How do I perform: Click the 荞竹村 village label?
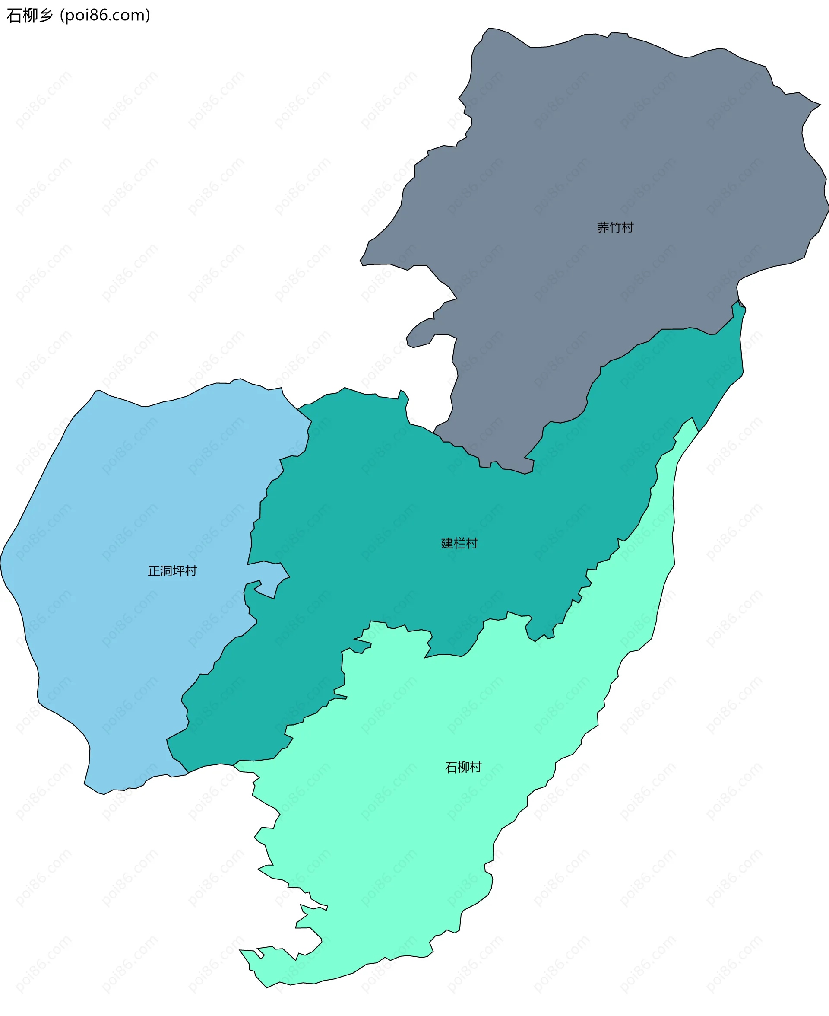point(615,227)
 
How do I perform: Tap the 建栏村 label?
point(459,543)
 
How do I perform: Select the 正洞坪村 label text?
point(172,571)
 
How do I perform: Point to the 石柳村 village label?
point(463,767)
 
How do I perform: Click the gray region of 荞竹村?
point(621,143)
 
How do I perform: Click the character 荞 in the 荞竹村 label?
point(603,227)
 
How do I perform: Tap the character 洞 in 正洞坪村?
point(166,571)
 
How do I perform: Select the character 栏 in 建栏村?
point(459,543)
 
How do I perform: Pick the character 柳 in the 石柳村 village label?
point(463,767)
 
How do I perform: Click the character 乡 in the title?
point(46,15)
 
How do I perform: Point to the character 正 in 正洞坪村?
point(154,571)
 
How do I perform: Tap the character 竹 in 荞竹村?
point(615,227)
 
